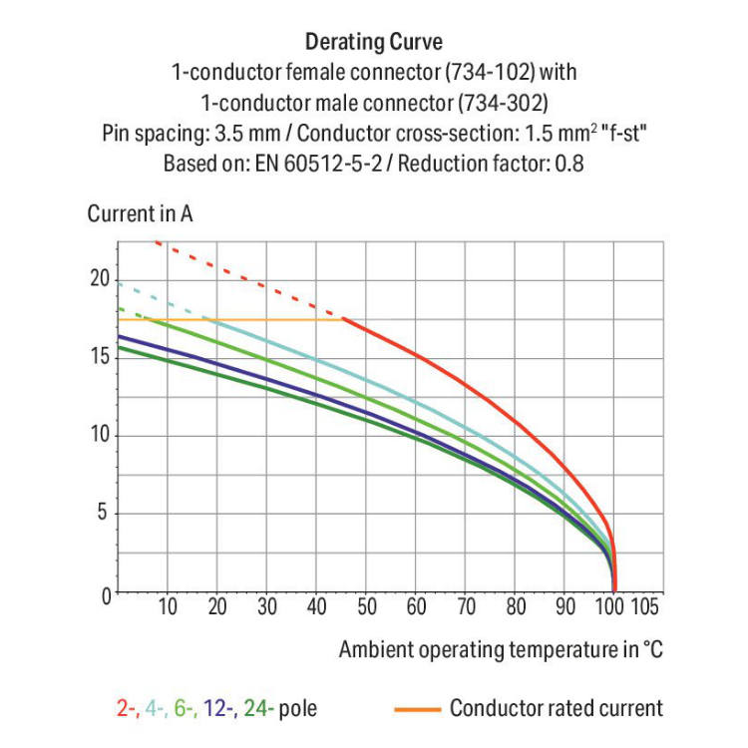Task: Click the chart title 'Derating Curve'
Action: (374, 42)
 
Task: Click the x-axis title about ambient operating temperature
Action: (501, 649)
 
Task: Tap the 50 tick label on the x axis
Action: (366, 606)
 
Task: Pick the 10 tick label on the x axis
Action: (168, 606)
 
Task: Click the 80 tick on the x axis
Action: (516, 606)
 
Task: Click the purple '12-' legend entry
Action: (218, 709)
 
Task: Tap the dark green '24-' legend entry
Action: (258, 709)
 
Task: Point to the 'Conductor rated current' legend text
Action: (556, 709)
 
